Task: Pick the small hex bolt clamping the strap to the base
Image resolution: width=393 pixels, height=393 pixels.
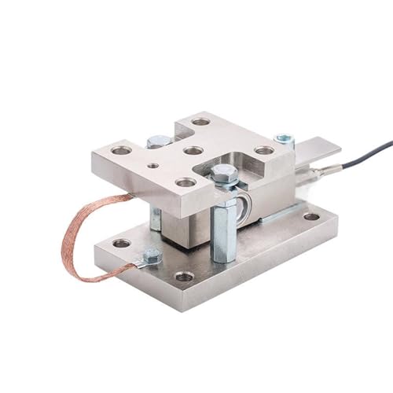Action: (152, 255)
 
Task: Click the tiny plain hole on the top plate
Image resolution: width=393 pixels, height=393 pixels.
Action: (153, 166)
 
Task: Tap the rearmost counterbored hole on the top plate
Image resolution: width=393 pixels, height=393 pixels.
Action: (201, 122)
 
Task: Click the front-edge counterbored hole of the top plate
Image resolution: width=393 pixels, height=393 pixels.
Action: (185, 182)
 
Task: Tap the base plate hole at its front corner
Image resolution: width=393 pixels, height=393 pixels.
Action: (185, 276)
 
